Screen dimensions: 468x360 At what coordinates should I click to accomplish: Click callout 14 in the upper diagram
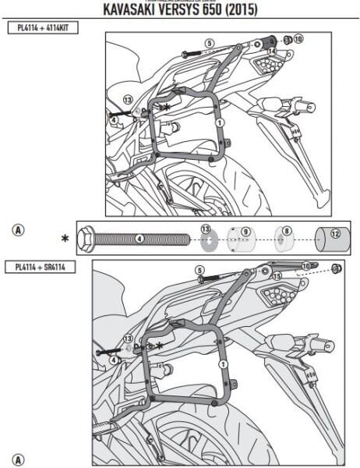(271, 51)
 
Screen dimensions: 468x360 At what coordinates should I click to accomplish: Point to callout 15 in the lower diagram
(277, 276)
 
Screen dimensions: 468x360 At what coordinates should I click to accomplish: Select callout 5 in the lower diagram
(199, 270)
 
